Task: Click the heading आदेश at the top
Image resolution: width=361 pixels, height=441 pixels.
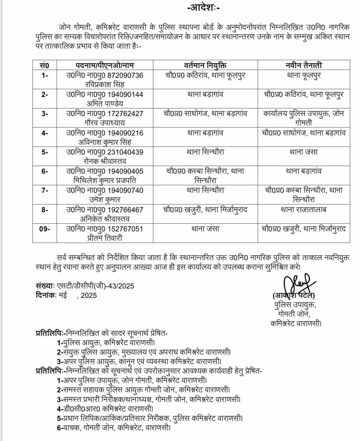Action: tap(203, 8)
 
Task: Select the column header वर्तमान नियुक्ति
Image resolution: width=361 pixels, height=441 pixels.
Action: tap(205, 65)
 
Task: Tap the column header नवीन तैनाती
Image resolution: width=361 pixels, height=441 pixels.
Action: tap(304, 65)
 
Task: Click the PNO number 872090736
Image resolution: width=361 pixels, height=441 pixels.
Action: tap(125, 75)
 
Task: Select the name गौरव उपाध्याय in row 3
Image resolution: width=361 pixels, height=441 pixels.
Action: tap(105, 123)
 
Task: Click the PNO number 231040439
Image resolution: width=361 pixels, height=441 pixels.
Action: tap(125, 152)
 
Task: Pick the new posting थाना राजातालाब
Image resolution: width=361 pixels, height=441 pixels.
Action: tap(304, 210)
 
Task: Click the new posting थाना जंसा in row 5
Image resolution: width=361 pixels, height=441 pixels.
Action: tap(304, 152)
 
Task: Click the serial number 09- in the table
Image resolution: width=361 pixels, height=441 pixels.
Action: tap(45, 229)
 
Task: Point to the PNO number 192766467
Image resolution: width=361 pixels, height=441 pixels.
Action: tap(125, 210)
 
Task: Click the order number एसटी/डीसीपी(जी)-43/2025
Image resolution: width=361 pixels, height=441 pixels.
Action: tap(96, 286)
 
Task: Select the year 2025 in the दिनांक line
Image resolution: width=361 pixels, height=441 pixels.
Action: tap(89, 295)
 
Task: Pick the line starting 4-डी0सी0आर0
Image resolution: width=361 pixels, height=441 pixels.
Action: tap(105, 409)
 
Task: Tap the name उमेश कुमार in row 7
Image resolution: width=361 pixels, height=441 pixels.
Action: tap(101, 200)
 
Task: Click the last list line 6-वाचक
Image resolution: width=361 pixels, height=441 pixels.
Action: tap(114, 428)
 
